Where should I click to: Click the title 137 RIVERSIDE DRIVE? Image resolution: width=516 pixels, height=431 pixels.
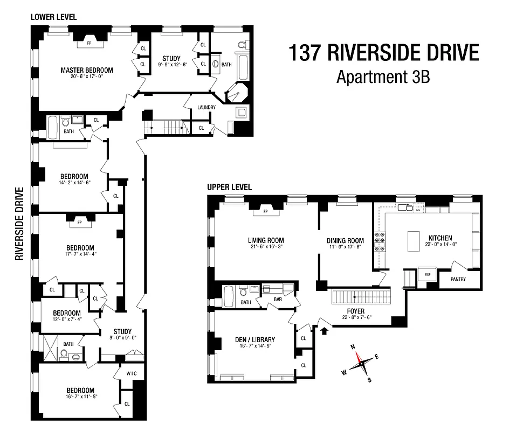coord(383,53)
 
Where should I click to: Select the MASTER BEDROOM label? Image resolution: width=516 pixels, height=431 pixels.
coord(86,70)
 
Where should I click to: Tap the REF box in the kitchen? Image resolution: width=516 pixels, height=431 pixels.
coord(428,274)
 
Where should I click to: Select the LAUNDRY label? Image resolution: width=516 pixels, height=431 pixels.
coord(207,107)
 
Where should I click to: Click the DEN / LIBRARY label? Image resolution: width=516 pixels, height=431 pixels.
coord(255,339)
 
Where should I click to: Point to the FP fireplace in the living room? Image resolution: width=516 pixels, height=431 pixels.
coord(265,211)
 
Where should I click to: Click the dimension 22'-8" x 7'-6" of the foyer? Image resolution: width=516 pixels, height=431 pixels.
coord(356,317)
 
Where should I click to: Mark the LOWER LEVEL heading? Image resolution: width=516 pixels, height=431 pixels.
coord(53,17)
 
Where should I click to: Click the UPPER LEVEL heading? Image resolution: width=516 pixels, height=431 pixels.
coord(230,187)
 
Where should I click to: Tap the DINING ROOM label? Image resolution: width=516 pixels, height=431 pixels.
coord(345,241)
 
